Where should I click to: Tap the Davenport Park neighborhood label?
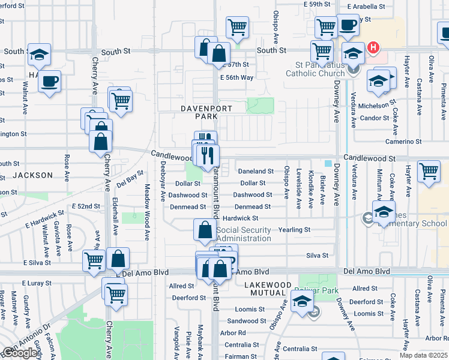(x=199, y=112)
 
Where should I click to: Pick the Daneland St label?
(x=256, y=172)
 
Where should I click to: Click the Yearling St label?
(x=294, y=230)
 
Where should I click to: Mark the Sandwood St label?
(x=243, y=321)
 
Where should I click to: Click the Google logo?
(x=20, y=352)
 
